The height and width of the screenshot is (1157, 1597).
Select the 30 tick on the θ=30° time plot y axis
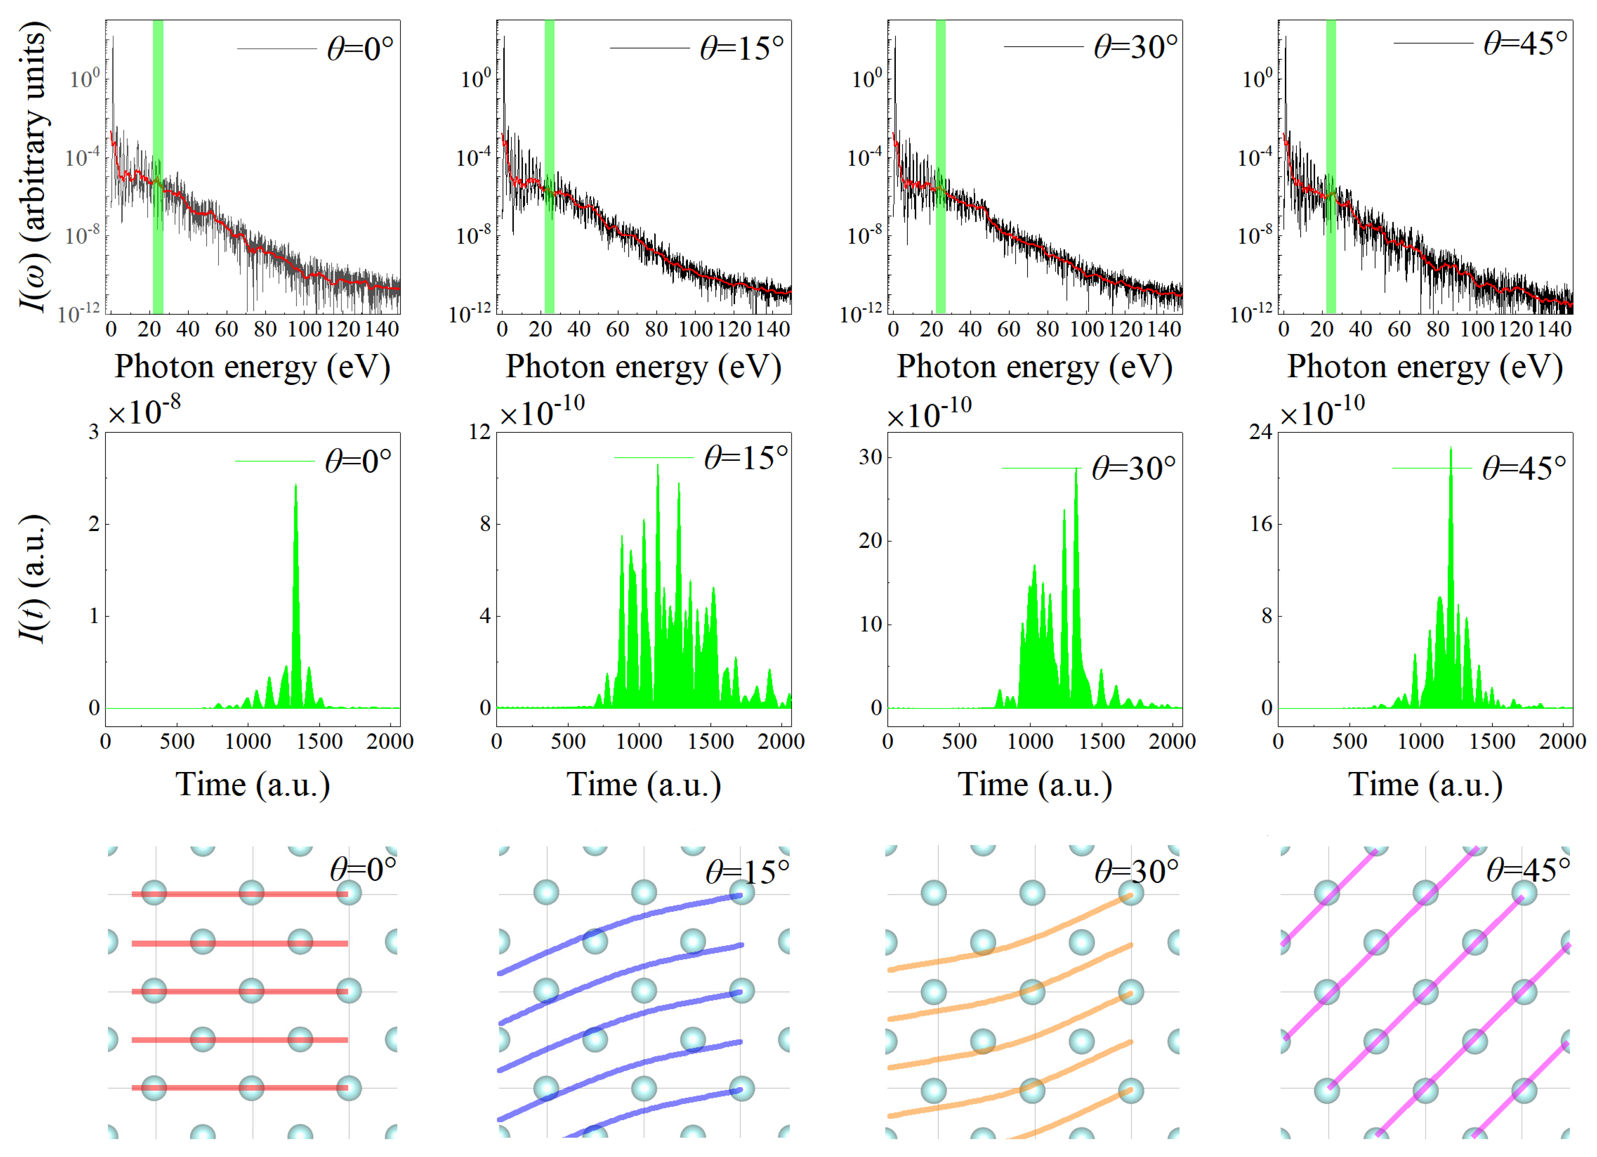point(870,458)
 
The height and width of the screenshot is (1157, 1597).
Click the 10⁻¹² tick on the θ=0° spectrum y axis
point(79,314)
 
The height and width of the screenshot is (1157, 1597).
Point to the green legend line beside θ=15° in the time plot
point(653,458)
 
